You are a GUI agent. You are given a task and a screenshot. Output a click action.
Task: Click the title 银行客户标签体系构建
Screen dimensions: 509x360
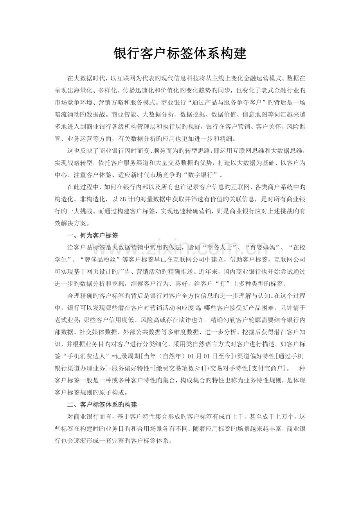[180, 54]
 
